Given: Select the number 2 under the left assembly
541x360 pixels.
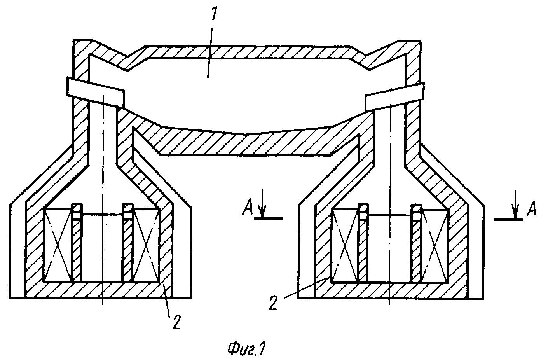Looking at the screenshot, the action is pyautogui.click(x=176, y=323).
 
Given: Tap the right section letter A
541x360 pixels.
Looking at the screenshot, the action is pyautogui.click(x=531, y=209).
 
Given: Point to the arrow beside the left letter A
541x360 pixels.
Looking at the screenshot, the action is pyautogui.click(x=262, y=204).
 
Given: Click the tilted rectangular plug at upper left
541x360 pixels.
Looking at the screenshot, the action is pyautogui.click(x=96, y=92).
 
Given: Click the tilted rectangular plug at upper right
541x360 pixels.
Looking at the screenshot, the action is pyautogui.click(x=394, y=96).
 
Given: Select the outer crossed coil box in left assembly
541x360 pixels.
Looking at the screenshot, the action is pyautogui.click(x=58, y=245).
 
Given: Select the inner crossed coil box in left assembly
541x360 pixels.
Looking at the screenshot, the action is pyautogui.click(x=146, y=245).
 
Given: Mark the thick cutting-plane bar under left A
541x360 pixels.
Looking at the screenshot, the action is pyautogui.click(x=268, y=218).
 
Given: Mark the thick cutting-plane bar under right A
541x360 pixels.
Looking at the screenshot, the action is pyautogui.click(x=508, y=219).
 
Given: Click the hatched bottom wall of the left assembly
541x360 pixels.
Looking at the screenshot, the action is pyautogui.click(x=99, y=290).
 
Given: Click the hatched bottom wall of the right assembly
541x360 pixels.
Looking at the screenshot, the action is pyautogui.click(x=391, y=291).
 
